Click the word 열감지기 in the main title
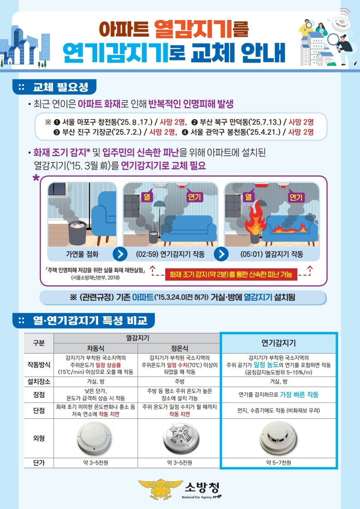tap(193, 29)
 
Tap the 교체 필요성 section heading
tap(61, 87)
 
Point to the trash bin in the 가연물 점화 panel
tap(77, 232)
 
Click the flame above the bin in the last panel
tap(255, 216)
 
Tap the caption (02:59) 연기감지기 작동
tap(170, 254)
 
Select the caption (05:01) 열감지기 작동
tap(272, 254)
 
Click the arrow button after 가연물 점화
tap(120, 254)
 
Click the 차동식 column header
tap(95, 348)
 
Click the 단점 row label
tap(39, 410)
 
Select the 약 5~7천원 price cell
tap(279, 463)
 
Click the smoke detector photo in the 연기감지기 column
tap(278, 438)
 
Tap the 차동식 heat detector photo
tap(95, 438)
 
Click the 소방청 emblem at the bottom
tap(161, 489)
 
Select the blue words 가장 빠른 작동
tap(299, 395)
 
